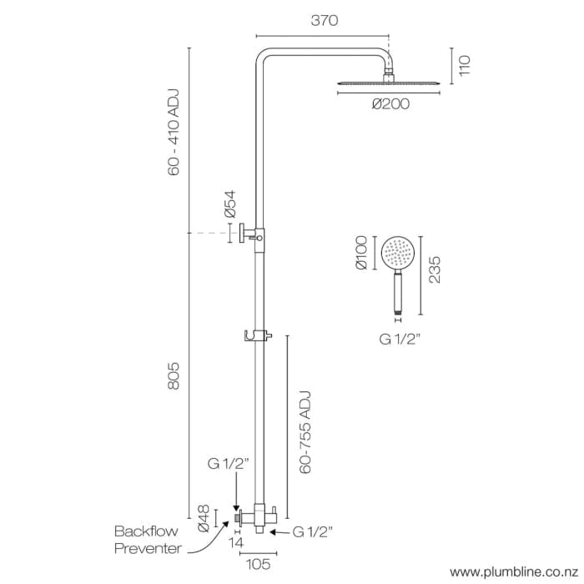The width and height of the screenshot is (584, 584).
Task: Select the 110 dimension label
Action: click(464, 67)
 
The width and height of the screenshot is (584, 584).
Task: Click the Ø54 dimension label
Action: click(230, 204)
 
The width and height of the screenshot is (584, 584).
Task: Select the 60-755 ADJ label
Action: click(305, 431)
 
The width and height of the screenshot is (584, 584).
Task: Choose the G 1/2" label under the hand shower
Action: click(397, 339)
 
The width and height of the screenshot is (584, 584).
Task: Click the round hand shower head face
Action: click(396, 252)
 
